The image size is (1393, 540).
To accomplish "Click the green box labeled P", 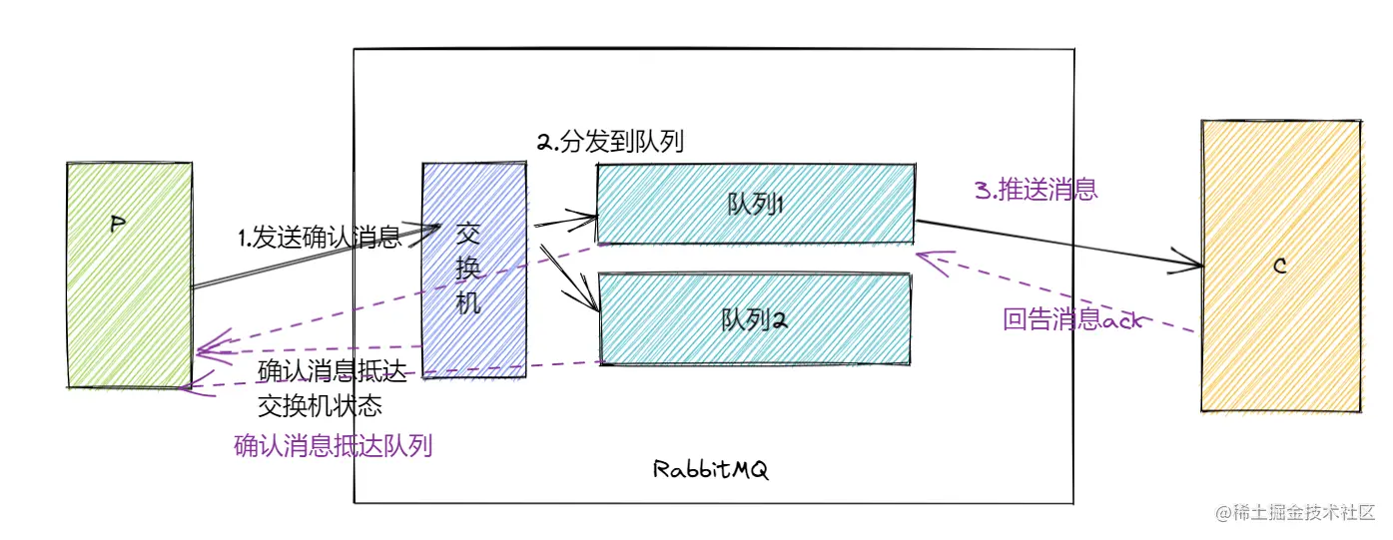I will [129, 299].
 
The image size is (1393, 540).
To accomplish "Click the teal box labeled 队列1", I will [755, 204].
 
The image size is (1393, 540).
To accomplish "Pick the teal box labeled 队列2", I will [755, 319].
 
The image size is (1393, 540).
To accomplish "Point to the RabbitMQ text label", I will [711, 469].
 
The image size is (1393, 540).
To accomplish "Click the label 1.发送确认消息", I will [319, 238].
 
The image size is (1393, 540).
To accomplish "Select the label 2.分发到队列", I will [610, 142].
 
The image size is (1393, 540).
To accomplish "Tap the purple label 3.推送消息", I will [1037, 190].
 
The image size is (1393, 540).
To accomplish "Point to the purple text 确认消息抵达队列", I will [333, 445].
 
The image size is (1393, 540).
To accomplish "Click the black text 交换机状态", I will [320, 406].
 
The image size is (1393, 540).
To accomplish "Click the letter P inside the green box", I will [117, 226].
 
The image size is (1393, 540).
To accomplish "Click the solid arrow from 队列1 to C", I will [1058, 245].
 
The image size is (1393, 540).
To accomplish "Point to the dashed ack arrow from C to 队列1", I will [1058, 294].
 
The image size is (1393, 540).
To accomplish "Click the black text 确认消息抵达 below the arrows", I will [333, 372].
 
